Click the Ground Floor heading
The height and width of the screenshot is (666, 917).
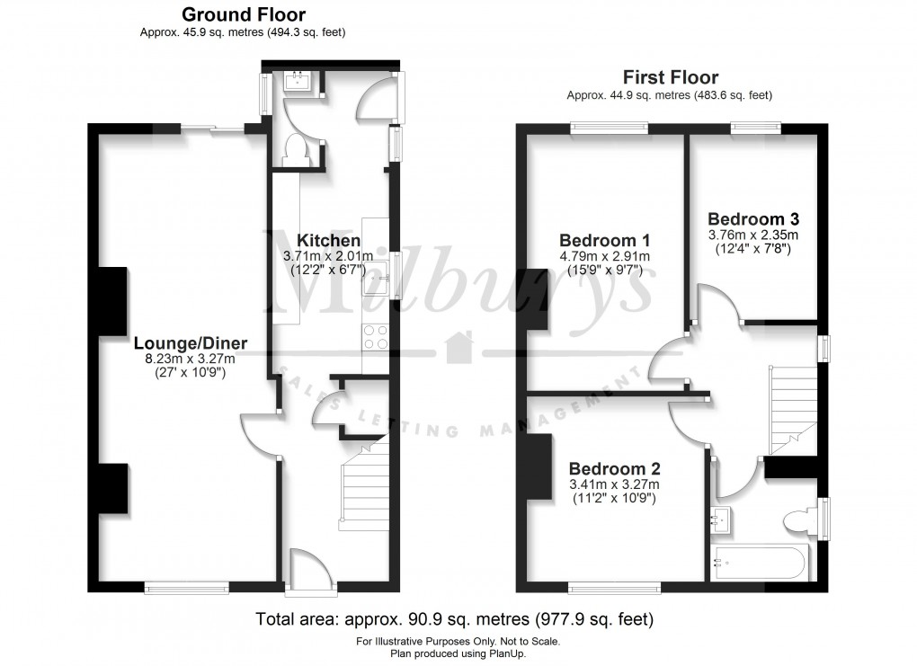click(243, 15)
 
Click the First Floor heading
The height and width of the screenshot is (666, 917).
click(670, 78)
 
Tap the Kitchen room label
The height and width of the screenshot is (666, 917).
click(328, 241)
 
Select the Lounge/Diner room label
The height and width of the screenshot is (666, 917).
click(190, 343)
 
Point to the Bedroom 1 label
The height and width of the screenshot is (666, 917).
click(604, 241)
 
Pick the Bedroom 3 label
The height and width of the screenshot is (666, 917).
click(753, 219)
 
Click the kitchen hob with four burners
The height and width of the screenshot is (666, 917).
click(375, 336)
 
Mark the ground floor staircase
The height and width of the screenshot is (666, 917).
click(365, 485)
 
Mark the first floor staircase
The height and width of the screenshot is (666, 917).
click(793, 410)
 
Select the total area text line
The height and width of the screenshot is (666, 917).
click(454, 619)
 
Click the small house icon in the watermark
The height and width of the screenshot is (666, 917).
click(458, 344)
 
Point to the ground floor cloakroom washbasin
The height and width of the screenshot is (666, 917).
click(297, 81)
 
